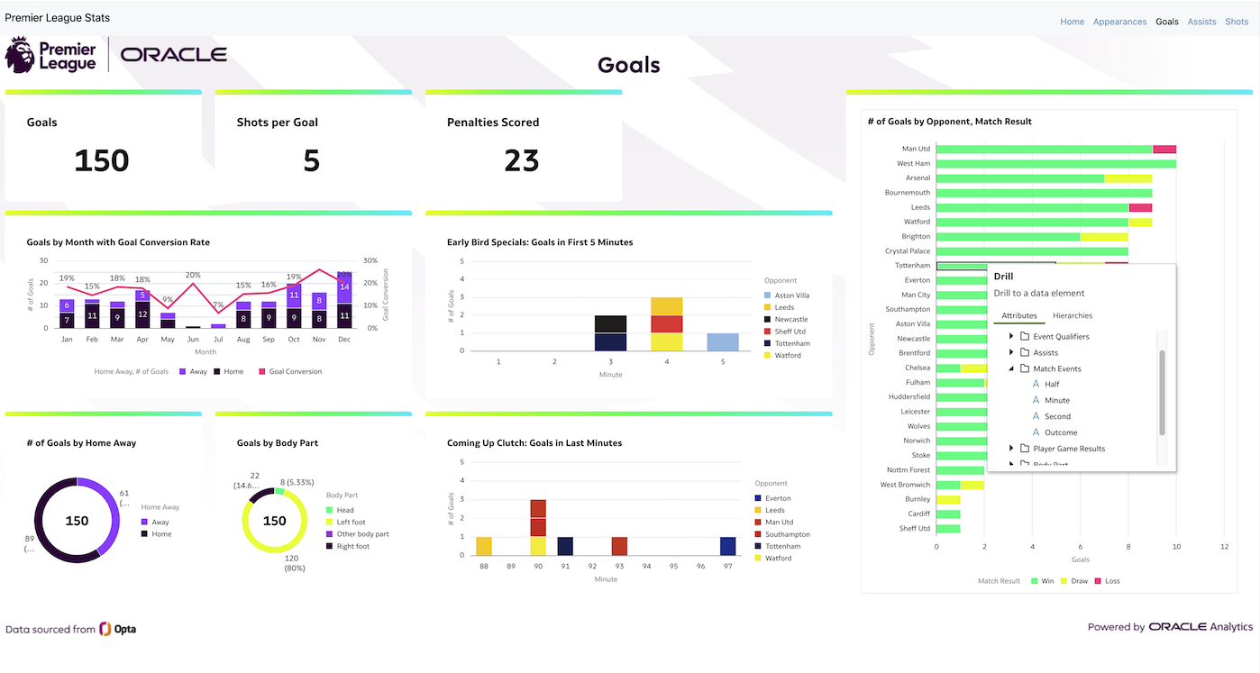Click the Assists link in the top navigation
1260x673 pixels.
(x=1201, y=22)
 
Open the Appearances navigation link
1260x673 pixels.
(x=1119, y=22)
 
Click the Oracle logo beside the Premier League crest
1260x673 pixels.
(x=174, y=55)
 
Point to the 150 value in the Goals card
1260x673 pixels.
(x=101, y=160)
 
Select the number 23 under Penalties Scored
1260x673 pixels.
(x=521, y=160)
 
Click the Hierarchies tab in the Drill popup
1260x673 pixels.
(x=1073, y=315)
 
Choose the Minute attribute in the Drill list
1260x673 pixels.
(x=1057, y=400)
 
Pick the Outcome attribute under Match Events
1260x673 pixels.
(x=1061, y=432)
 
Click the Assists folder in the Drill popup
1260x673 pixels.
(x=1045, y=352)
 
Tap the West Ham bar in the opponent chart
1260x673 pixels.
(x=1055, y=164)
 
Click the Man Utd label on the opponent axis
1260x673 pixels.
(x=916, y=149)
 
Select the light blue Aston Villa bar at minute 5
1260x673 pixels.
(x=722, y=342)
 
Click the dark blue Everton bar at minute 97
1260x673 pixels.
(x=726, y=546)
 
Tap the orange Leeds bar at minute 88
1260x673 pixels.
(x=484, y=546)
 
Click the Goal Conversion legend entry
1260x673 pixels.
(x=295, y=371)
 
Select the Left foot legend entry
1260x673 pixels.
(x=351, y=522)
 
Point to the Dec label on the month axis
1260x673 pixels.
(x=344, y=340)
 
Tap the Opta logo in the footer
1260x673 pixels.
(x=118, y=629)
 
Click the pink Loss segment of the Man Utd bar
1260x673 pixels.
(x=1164, y=149)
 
